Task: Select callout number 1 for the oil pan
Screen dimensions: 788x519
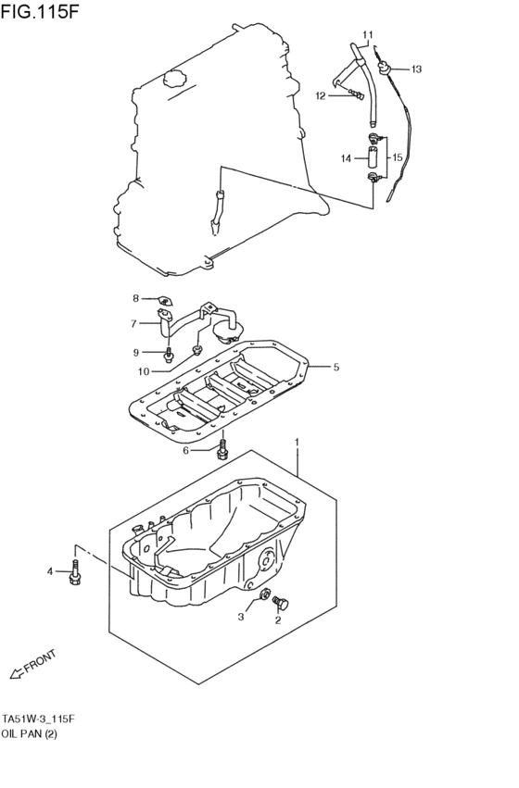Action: (297, 443)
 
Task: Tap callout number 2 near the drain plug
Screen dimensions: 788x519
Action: (277, 620)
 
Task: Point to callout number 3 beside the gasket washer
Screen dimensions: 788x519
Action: (241, 616)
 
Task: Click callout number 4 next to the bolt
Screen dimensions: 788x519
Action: (51, 571)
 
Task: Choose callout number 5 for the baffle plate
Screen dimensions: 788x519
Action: (335, 368)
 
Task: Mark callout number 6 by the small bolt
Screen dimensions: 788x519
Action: (185, 450)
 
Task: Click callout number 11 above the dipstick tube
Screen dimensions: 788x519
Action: (367, 35)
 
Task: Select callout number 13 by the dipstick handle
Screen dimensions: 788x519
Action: (416, 69)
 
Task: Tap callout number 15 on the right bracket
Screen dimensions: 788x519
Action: (397, 158)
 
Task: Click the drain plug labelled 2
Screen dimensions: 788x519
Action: (284, 605)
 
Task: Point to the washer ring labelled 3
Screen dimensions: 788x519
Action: (265, 595)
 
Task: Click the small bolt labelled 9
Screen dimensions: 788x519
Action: (169, 354)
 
